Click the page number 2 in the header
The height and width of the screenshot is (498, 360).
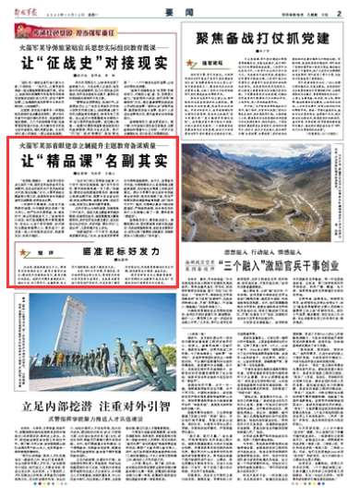340,12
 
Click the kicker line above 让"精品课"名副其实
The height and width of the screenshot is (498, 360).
90,143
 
